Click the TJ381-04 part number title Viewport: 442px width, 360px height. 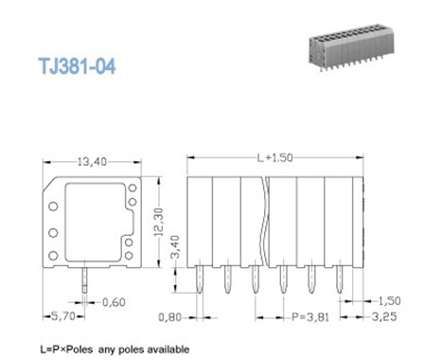[x=77, y=66]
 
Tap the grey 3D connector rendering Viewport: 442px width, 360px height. [x=351, y=47]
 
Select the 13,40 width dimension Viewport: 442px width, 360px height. [x=92, y=162]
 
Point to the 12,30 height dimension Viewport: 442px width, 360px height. [x=159, y=222]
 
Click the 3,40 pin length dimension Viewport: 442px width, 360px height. [x=175, y=247]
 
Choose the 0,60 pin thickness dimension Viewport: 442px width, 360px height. [x=114, y=302]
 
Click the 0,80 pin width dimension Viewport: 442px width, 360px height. [x=169, y=317]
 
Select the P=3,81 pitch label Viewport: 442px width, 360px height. [x=310, y=316]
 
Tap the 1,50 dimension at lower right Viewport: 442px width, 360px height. [x=389, y=300]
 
